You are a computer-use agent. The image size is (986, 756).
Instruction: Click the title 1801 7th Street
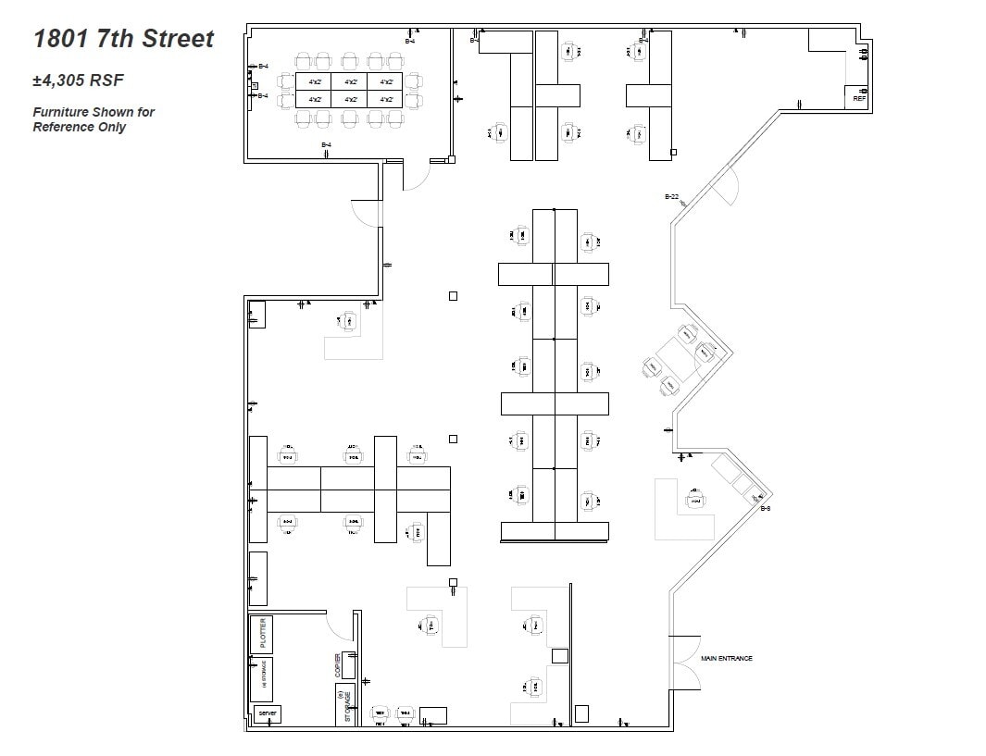(x=124, y=39)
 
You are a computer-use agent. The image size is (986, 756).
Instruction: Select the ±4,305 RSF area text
(x=79, y=81)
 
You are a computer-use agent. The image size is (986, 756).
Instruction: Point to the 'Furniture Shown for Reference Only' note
(x=94, y=119)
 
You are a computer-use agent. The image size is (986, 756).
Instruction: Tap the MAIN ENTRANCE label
(x=727, y=659)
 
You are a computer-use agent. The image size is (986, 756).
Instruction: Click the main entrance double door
(x=685, y=660)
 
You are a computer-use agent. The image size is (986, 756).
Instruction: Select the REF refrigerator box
(x=858, y=96)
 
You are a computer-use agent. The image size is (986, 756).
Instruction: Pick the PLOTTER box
(x=262, y=634)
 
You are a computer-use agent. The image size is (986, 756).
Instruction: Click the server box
(x=268, y=714)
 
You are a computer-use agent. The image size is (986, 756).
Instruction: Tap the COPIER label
(x=339, y=665)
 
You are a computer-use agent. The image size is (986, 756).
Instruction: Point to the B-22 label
(x=672, y=197)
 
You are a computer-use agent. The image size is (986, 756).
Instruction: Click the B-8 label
(x=766, y=509)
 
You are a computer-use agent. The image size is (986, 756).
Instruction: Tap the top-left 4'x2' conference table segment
(x=314, y=81)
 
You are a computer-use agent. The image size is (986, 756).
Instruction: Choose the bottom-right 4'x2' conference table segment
(x=386, y=99)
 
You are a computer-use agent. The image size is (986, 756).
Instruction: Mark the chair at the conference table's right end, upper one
(x=413, y=81)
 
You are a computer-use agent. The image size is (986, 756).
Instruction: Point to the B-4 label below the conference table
(x=326, y=145)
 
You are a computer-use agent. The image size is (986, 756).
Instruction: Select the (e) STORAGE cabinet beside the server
(x=262, y=679)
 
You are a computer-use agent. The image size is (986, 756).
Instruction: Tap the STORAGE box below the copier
(x=345, y=705)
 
